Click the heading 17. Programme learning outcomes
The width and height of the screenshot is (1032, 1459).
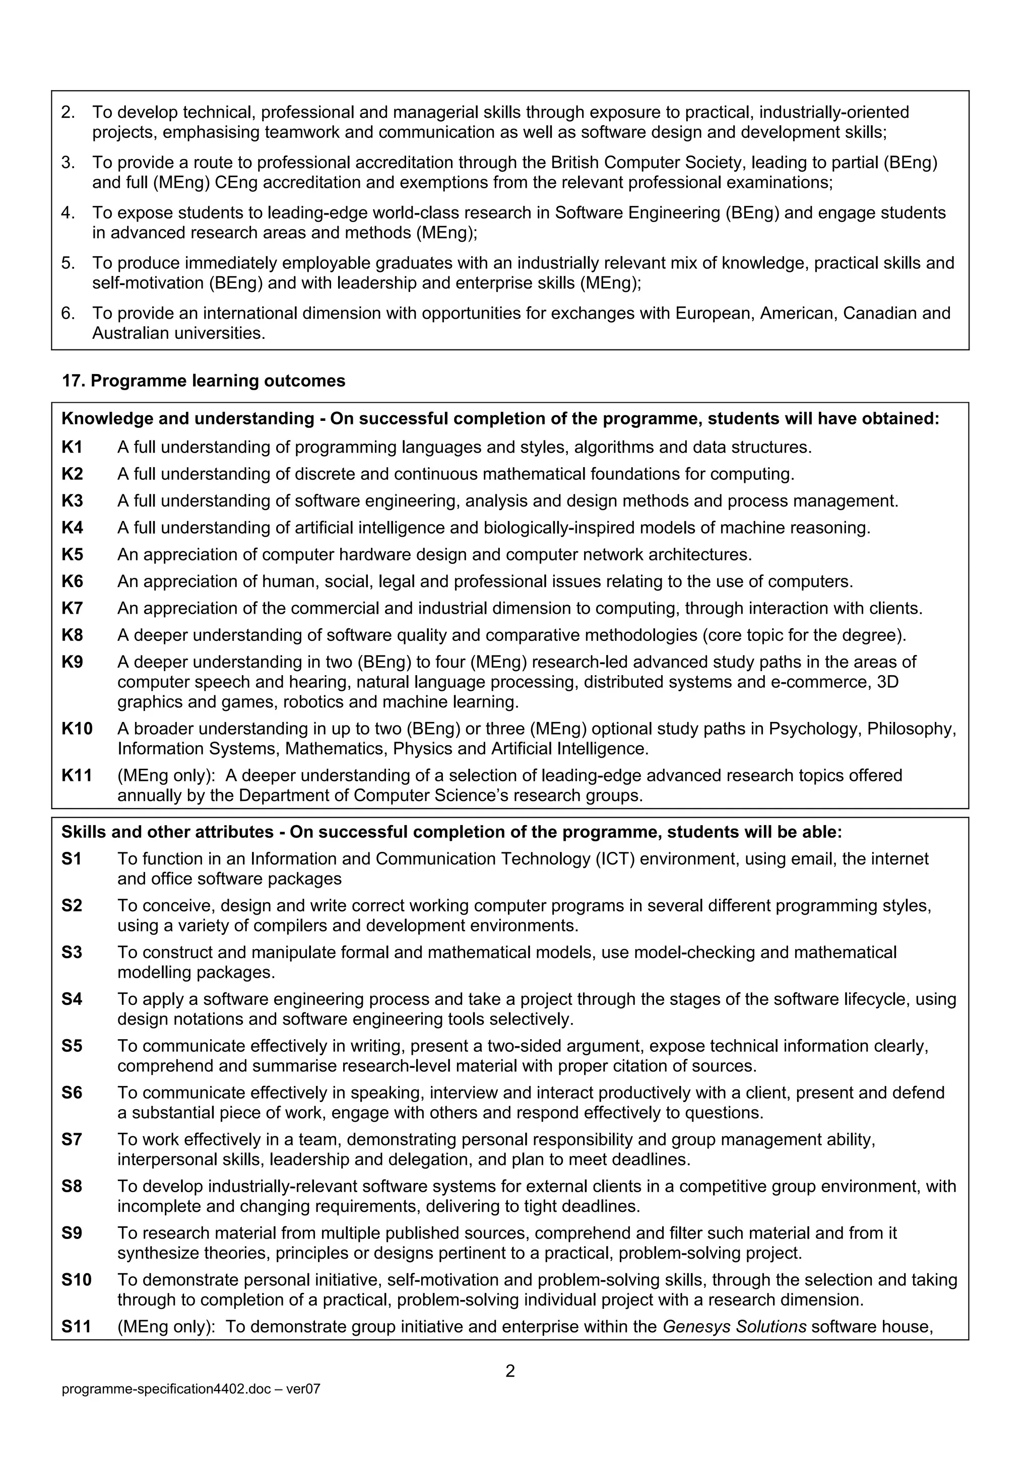coord(204,381)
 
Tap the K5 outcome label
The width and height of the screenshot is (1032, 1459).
coord(72,555)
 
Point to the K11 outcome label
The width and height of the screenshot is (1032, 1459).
coord(76,775)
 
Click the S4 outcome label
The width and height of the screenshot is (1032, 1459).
coord(72,999)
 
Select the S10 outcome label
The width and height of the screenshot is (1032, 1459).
coord(76,1280)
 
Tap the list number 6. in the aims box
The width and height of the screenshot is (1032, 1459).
coord(68,313)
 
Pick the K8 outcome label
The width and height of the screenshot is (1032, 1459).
coord(72,635)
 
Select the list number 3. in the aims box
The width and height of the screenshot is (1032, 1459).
coord(68,163)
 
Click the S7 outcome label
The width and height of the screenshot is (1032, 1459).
coord(72,1139)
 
